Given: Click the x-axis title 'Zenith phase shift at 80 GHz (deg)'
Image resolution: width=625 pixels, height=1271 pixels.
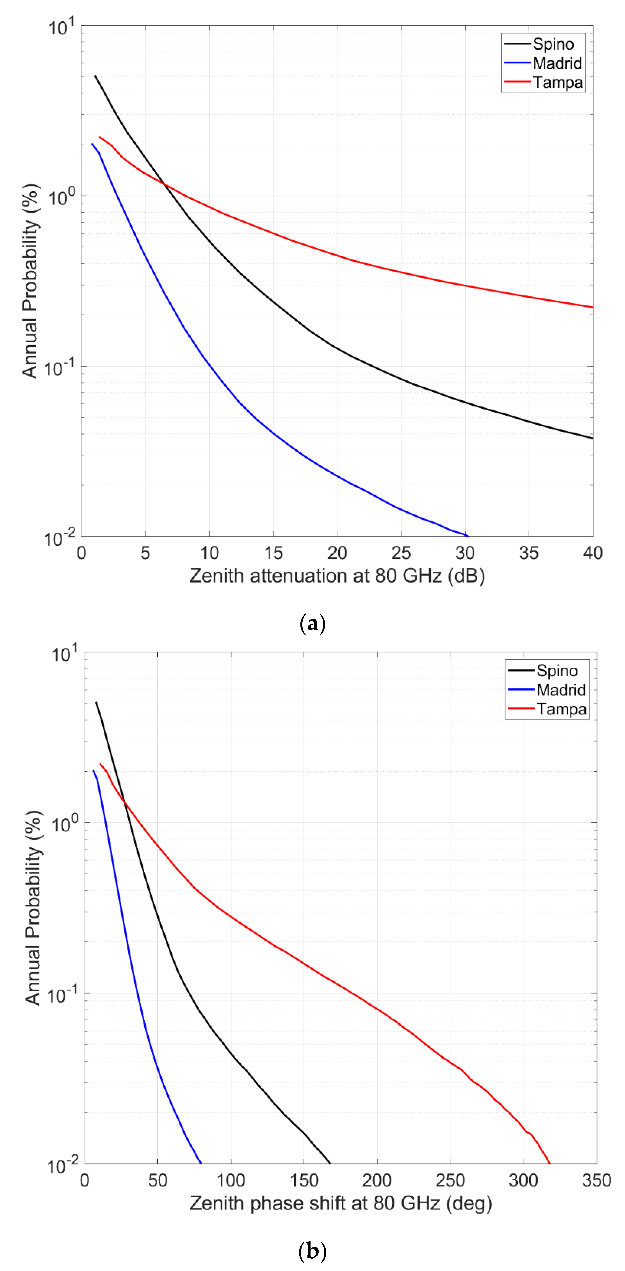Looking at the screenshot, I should click(x=341, y=1203).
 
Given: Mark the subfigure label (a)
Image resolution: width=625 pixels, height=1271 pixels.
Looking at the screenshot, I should click(x=312, y=624).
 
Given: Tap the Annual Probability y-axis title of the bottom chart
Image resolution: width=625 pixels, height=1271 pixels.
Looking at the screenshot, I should click(x=33, y=908).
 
